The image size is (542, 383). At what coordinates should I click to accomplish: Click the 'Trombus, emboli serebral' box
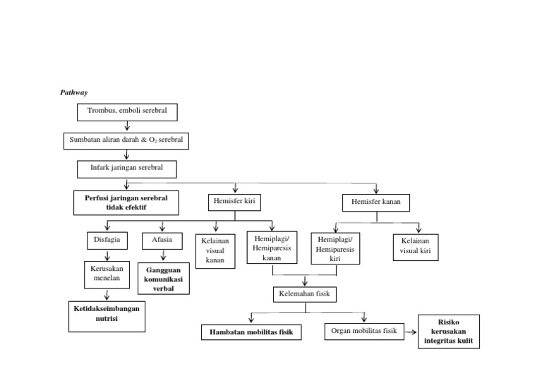coord(127,111)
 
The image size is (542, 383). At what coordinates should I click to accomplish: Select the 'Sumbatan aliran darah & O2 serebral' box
coord(126,140)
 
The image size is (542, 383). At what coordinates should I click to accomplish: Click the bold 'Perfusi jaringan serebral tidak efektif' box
coord(126,202)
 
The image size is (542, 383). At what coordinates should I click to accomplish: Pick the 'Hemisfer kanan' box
coord(375,203)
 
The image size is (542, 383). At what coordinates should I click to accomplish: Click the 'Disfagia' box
coord(107,240)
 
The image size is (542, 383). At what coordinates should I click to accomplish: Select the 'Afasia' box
coord(162,240)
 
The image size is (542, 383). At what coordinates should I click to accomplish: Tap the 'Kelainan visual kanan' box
coord(215,251)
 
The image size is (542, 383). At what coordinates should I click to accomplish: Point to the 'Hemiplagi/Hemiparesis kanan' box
coord(272,248)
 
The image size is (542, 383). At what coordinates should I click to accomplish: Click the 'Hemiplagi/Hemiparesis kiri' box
coord(335,250)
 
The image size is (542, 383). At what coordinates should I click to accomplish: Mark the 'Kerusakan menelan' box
coord(107,274)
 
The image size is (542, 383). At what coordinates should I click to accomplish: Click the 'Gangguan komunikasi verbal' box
coord(163,279)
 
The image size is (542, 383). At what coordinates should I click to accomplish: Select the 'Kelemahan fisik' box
coord(305,293)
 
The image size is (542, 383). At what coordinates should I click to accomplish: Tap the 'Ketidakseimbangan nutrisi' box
coord(107,315)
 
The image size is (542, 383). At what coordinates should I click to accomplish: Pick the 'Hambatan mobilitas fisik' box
coord(251,332)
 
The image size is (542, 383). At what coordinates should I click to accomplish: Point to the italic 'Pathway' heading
coord(73,92)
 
